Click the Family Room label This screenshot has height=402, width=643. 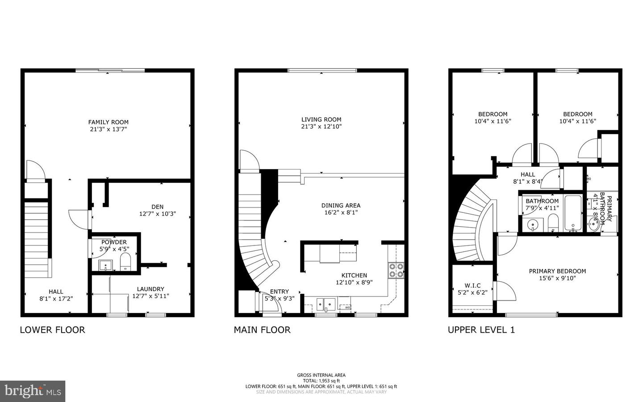108,122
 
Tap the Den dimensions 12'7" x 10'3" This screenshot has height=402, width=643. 157,214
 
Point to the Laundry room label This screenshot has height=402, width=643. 150,289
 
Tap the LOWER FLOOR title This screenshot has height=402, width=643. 52,330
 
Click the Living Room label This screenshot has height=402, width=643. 321,119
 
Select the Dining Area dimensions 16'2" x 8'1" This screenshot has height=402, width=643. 341,212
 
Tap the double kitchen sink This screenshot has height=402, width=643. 326,304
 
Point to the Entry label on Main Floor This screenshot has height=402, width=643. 279,292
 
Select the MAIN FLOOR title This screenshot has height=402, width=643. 262,330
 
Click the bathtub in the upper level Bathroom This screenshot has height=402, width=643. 572,213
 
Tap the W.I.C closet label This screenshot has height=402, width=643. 472,285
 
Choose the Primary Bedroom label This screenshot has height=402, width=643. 557,271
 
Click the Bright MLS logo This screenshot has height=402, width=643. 33,391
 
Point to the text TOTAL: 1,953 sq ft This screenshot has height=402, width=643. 321,381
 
